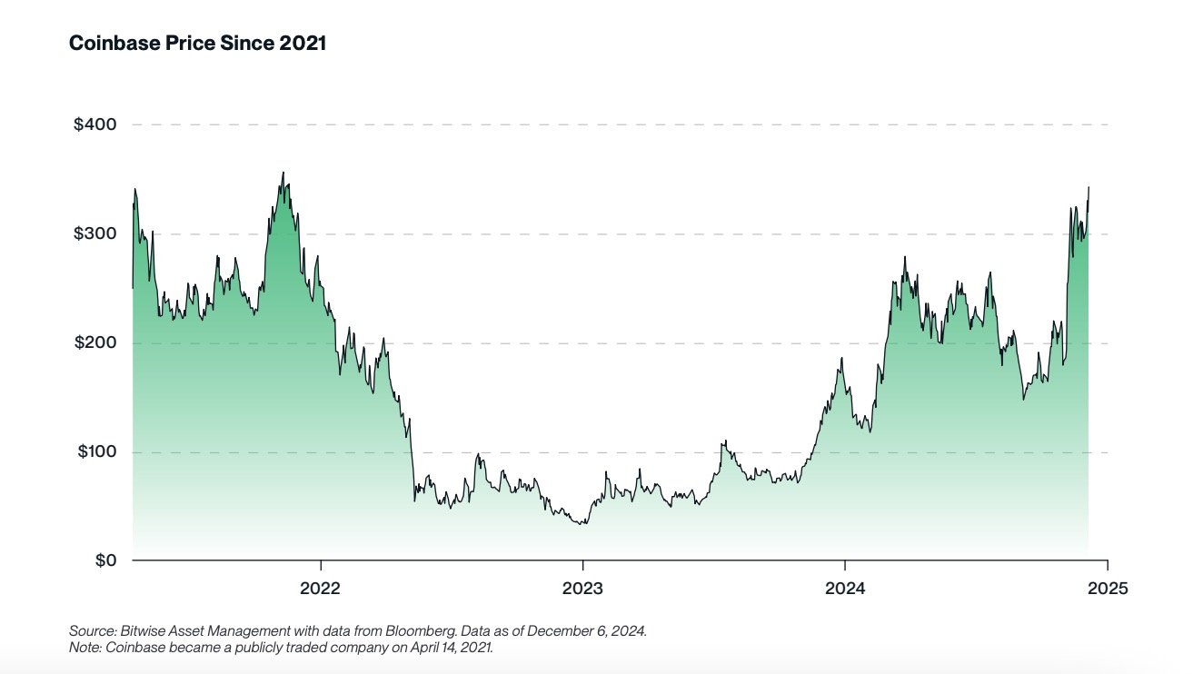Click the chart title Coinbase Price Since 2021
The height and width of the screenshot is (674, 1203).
pyautogui.click(x=197, y=43)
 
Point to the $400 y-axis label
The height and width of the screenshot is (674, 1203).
pyautogui.click(x=94, y=124)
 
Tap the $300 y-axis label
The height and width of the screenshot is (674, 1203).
pyautogui.click(x=94, y=233)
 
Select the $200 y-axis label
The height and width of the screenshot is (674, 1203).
pyautogui.click(x=94, y=342)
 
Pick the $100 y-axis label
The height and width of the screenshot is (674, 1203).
pyautogui.click(x=94, y=451)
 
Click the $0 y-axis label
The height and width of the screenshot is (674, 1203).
pyautogui.click(x=101, y=560)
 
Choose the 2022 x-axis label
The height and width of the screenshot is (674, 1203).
pyautogui.click(x=320, y=589)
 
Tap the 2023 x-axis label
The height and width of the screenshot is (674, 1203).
pyautogui.click(x=582, y=589)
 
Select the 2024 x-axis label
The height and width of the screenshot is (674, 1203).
pyautogui.click(x=845, y=589)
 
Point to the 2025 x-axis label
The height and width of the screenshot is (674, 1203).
pyautogui.click(x=1107, y=589)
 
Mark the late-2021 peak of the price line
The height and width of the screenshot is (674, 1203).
pyautogui.click(x=283, y=173)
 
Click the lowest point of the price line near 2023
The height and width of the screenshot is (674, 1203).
pyautogui.click(x=583, y=523)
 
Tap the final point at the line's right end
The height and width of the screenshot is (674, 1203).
pyautogui.click(x=1089, y=187)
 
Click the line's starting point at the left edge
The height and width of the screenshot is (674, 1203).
pyautogui.click(x=133, y=288)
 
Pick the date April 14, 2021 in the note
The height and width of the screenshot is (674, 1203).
pyautogui.click(x=447, y=648)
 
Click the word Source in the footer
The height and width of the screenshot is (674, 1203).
pyautogui.click(x=88, y=630)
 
